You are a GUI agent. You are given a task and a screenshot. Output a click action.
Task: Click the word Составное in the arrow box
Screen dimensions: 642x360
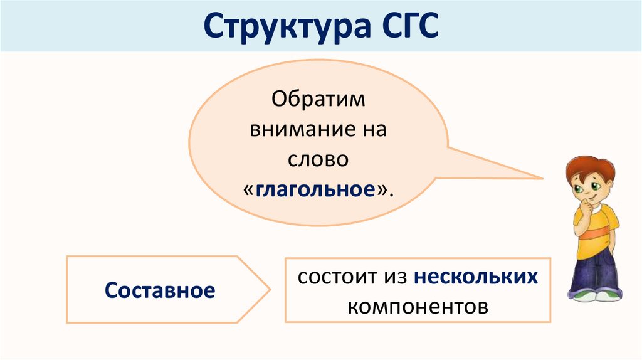[x=160, y=290]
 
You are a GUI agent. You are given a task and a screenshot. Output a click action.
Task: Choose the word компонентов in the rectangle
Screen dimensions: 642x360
[x=418, y=307]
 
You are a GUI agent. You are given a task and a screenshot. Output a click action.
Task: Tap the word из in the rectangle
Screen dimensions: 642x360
[x=394, y=277]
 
